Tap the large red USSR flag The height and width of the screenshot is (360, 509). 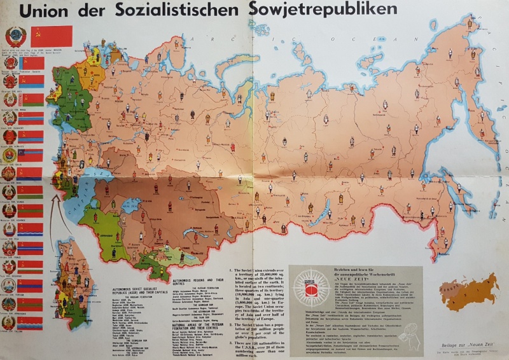point(52,36)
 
